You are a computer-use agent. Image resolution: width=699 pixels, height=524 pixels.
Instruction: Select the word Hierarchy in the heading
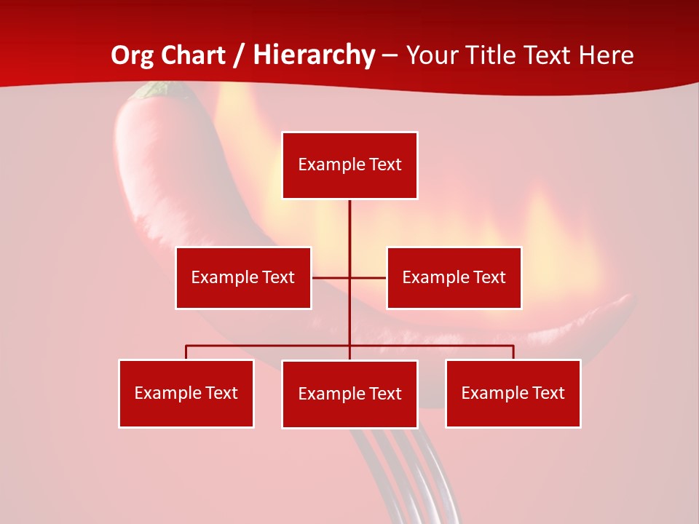point(314,55)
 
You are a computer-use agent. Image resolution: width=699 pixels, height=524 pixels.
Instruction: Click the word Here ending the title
point(607,55)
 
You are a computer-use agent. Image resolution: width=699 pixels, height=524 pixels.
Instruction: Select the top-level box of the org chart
point(349,165)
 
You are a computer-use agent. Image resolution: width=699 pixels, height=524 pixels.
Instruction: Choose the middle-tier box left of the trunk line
point(243,277)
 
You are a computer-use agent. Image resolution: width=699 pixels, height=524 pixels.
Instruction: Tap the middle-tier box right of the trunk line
point(454,277)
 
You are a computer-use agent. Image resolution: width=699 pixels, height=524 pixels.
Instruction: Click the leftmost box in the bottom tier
point(186,393)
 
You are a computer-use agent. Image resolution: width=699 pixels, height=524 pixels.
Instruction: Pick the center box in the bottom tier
point(349,394)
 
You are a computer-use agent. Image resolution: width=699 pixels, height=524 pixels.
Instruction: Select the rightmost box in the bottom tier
point(513,393)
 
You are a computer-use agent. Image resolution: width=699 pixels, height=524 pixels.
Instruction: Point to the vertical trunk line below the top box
point(349,233)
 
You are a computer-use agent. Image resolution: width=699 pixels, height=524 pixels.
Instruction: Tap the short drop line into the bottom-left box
point(186,352)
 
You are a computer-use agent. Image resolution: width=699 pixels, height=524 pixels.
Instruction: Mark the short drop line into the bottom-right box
point(513,352)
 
